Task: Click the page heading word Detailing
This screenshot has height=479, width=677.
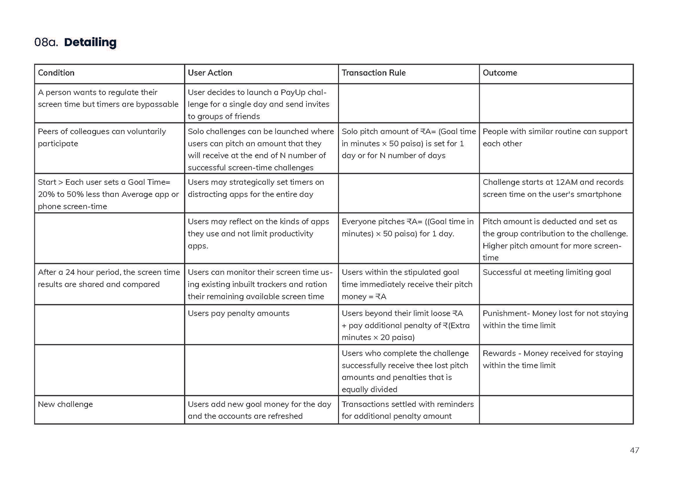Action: click(90, 42)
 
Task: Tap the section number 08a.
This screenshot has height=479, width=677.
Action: click(46, 42)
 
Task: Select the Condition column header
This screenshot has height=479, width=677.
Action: click(56, 73)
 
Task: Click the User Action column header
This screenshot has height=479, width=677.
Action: click(210, 73)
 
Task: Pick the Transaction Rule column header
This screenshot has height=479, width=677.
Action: click(373, 73)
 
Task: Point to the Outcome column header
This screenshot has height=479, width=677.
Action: click(500, 73)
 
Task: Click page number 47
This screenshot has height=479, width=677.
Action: click(634, 450)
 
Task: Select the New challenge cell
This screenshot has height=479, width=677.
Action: click(65, 404)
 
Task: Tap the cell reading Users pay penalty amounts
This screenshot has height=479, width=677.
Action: click(238, 313)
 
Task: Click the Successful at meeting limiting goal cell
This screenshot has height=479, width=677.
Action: click(547, 272)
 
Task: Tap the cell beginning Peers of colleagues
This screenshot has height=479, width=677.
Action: click(102, 137)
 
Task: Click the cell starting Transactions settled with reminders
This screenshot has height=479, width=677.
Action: click(408, 410)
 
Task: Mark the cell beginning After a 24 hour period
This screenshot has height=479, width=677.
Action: click(108, 278)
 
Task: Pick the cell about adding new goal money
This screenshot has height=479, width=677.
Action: click(259, 410)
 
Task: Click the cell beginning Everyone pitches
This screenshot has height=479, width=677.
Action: click(408, 228)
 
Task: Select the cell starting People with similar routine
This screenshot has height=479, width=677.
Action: click(555, 137)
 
